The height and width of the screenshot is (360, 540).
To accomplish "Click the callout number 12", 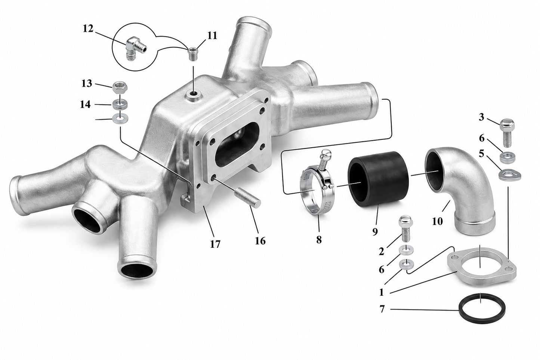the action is coord(88,29).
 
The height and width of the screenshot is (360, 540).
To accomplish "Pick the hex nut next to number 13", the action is coord(120,87).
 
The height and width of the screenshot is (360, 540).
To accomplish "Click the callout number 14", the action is coord(85,104).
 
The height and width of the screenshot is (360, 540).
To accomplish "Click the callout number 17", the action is coord(215,244).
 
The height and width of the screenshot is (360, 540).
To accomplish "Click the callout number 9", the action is coord(375,232).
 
